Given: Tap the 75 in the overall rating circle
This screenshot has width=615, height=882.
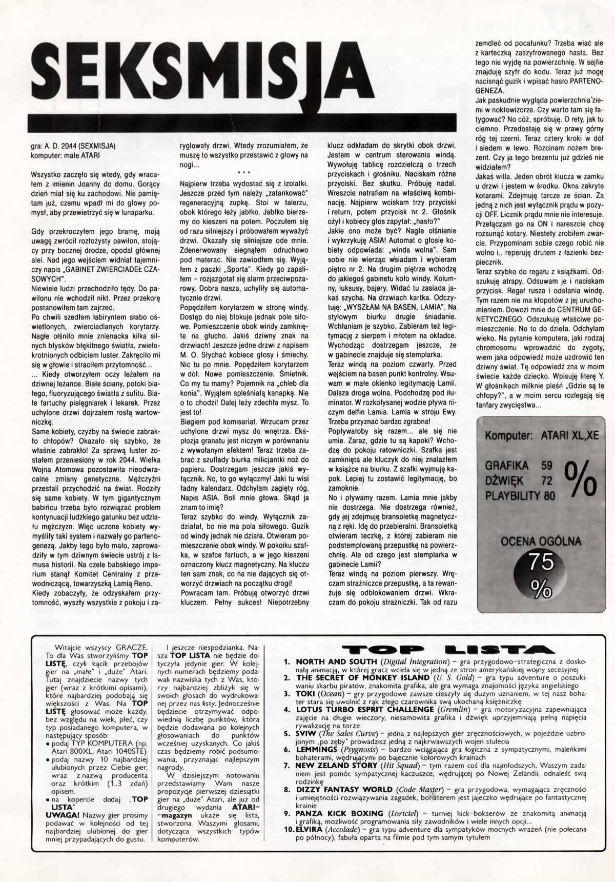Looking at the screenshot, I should coord(541,562).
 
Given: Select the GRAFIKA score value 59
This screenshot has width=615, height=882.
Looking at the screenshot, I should coord(547,466).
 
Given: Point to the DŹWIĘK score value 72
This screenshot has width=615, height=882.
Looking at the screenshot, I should coord(547,480).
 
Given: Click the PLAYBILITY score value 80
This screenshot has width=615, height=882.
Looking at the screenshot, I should coord(549,495).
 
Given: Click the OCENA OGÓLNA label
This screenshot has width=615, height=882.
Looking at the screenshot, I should coord(541,541).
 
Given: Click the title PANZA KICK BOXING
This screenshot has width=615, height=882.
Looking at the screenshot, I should coord(339,813).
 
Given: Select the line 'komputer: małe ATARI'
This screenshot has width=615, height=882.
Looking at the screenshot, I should coord(66,155).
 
